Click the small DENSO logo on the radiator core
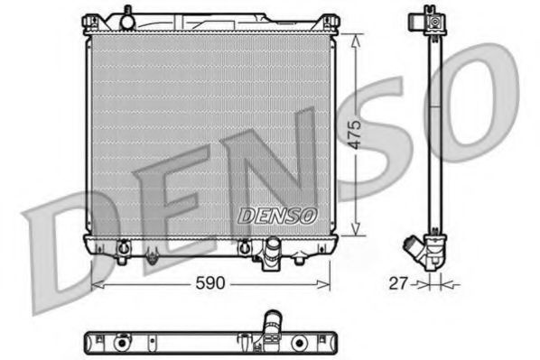(x=276, y=217)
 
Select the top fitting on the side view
(x=433, y=17)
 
